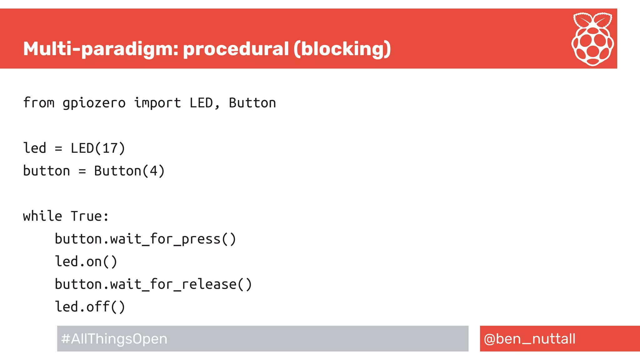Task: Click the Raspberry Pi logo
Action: [x=592, y=39]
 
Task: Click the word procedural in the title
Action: [x=236, y=49]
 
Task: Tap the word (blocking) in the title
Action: [x=342, y=49]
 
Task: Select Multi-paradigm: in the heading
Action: [x=101, y=49]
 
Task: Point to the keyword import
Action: [x=157, y=103]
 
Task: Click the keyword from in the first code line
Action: [x=39, y=103]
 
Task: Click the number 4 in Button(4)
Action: [x=153, y=171]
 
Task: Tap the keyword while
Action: [x=42, y=216]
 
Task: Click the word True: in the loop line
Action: [x=90, y=216]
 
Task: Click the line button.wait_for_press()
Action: [x=145, y=239]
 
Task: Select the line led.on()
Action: [x=86, y=262]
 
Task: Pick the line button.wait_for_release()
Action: [x=153, y=284]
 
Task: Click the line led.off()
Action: [x=90, y=307]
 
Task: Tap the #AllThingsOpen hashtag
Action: [x=114, y=339]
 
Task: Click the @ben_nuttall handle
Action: [x=529, y=339]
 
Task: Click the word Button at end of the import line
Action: [x=252, y=103]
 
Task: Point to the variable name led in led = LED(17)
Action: [x=35, y=148]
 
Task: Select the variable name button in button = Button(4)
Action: [x=47, y=171]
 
